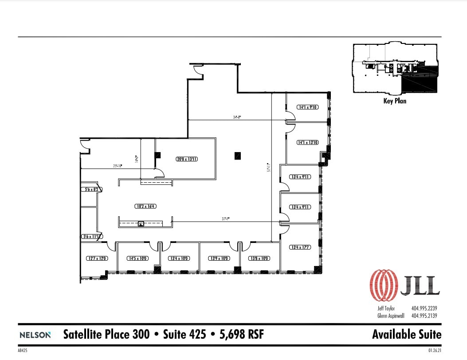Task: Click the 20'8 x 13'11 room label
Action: pyautogui.click(x=185, y=158)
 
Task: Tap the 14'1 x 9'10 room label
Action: pyautogui.click(x=308, y=107)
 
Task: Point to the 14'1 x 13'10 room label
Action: pyautogui.click(x=308, y=142)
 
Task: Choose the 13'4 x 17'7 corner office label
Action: pyautogui.click(x=300, y=247)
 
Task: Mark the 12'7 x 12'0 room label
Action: pyautogui.click(x=97, y=258)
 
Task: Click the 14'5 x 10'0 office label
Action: pyautogui.click(x=137, y=258)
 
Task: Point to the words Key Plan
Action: pyautogui.click(x=394, y=101)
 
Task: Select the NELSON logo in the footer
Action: pyautogui.click(x=35, y=335)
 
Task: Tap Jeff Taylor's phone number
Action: pyautogui.click(x=424, y=308)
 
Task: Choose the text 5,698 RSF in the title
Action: pyautogui.click(x=242, y=334)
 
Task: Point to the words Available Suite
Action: pyautogui.click(x=407, y=334)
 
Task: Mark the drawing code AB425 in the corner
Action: pyautogui.click(x=23, y=350)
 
